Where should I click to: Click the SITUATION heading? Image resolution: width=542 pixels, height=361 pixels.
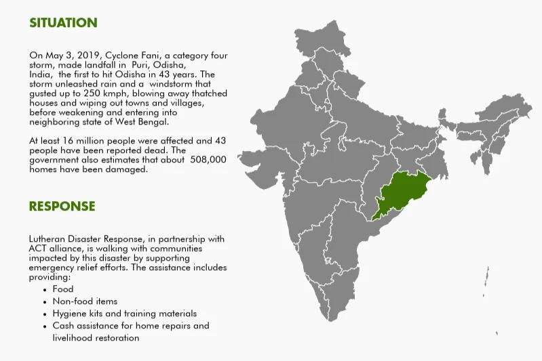[x=63, y=22]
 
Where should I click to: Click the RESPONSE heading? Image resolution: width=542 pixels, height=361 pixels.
[x=62, y=206]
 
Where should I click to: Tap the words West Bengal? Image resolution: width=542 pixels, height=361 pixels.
[x=150, y=122]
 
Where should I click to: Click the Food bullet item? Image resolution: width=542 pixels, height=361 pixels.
[x=62, y=289]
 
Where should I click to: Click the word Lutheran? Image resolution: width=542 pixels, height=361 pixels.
[x=50, y=240]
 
